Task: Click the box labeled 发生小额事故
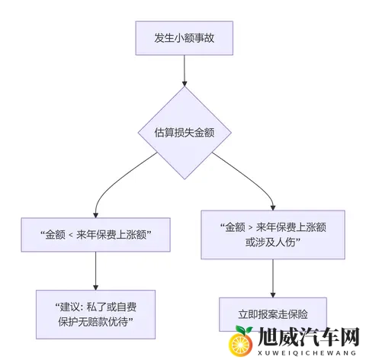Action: coord(182,37)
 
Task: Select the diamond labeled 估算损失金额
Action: coord(183,131)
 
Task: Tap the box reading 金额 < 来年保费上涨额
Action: coord(95,235)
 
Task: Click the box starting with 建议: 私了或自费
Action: coord(95,313)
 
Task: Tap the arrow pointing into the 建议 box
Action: coord(95,271)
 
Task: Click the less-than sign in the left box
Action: coord(72,235)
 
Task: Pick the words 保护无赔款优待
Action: coord(95,322)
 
